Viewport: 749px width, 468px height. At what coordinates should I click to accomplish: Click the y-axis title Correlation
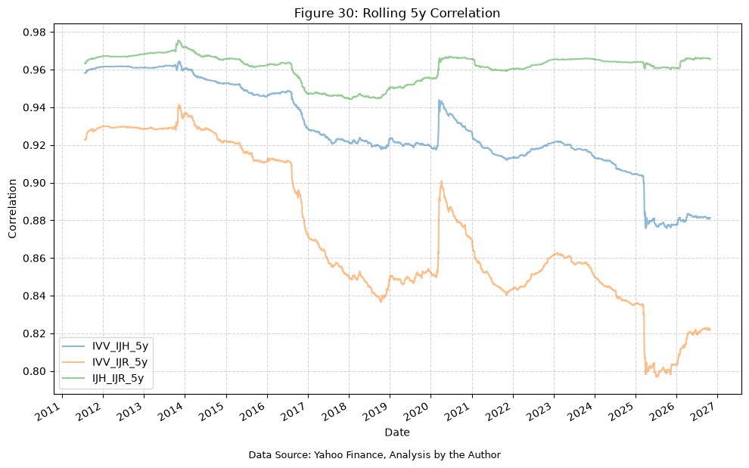pos(12,209)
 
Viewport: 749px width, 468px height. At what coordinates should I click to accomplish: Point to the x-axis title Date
pos(397,432)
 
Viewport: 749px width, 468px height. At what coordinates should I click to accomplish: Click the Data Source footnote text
pos(374,454)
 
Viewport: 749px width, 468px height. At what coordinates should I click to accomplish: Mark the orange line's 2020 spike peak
pos(441,181)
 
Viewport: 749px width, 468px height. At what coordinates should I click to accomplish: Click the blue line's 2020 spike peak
pos(439,101)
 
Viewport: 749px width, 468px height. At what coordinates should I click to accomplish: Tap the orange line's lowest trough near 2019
pos(381,302)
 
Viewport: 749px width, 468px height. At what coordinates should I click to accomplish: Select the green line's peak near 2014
pos(179,41)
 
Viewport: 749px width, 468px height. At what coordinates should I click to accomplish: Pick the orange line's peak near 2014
pos(179,105)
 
